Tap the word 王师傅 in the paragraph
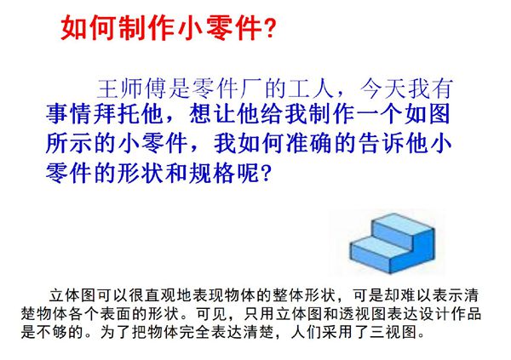[126, 88]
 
